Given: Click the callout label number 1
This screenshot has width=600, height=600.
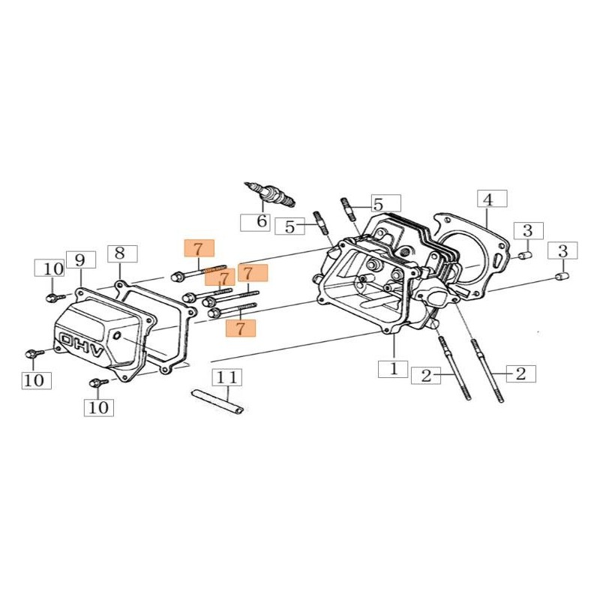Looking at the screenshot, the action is coord(393,369).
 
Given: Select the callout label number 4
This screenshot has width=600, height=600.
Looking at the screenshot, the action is coord(492,199).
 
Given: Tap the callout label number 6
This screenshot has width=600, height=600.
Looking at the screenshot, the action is coord(255,222).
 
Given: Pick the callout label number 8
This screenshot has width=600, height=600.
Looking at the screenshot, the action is coord(122,253).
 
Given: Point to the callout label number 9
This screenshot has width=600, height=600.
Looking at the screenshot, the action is coord(81,260).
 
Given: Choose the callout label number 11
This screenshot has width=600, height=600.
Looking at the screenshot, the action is coord(227,378).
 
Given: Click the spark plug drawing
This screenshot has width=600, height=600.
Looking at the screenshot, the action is coord(270,193).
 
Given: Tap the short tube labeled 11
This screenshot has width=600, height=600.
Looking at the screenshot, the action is coord(217,401).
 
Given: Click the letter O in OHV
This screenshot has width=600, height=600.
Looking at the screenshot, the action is coord(68,340).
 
